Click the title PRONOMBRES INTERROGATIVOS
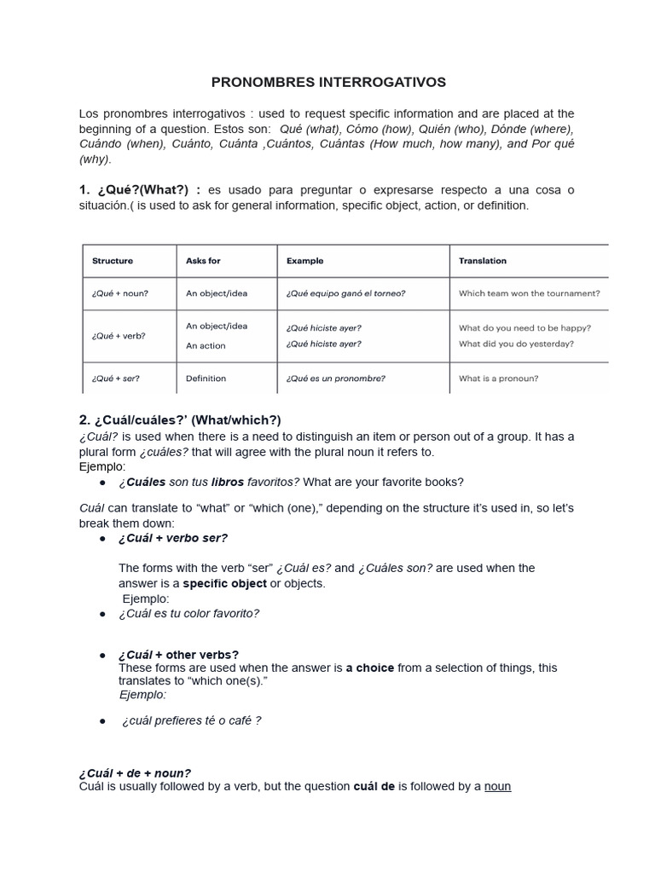point(328,83)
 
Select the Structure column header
point(113,261)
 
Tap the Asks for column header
point(203,261)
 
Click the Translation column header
point(483,261)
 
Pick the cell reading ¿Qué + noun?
point(120,293)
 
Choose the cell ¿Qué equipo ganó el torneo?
point(345,293)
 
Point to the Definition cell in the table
point(206,379)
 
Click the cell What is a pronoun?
point(498,379)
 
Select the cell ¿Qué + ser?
point(116,379)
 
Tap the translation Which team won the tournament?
point(529,293)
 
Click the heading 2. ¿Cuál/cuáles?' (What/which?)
point(180,420)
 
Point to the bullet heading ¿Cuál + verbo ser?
point(173,538)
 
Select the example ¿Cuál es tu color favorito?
point(188,613)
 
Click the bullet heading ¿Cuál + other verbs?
point(178,655)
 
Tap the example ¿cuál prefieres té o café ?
point(191,720)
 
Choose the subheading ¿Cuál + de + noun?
point(135,772)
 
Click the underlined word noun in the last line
point(497,786)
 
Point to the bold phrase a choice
point(370,668)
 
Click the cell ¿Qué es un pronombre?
point(335,379)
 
